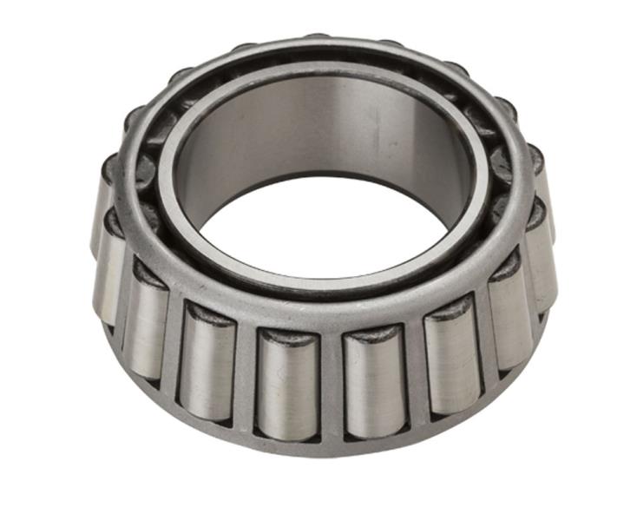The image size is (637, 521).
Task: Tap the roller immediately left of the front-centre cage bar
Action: click(288, 382)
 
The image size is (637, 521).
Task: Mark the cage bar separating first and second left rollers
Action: click(247, 373)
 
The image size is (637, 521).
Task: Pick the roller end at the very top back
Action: click(317, 39)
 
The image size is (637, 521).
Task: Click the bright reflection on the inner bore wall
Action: click(260, 130)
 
